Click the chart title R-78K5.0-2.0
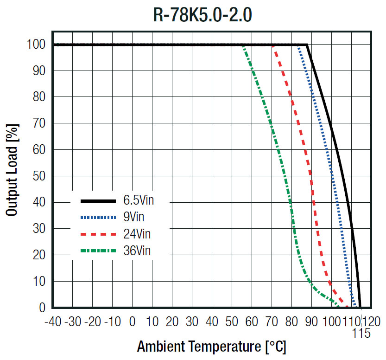pyautogui.click(x=202, y=15)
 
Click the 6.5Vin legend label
pyautogui.click(x=139, y=200)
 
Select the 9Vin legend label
pyautogui.click(x=133, y=217)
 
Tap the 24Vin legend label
pyautogui.click(x=137, y=234)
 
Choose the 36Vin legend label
pyautogui.click(x=137, y=251)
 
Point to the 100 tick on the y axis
pyautogui.click(x=36, y=45)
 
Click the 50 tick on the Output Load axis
pyautogui.click(x=39, y=176)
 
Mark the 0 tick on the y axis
pyautogui.click(x=42, y=308)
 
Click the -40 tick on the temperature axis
pyautogui.click(x=52, y=321)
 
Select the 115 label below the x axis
pyautogui.click(x=361, y=334)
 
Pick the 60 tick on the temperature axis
pyautogui.click(x=252, y=321)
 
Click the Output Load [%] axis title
pyautogui.click(x=13, y=170)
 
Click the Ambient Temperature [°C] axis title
pyautogui.click(x=211, y=347)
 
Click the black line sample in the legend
pyautogui.click(x=98, y=201)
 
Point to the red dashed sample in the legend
pyautogui.click(x=98, y=234)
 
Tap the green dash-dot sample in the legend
pyautogui.click(x=98, y=251)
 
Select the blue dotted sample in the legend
pyautogui.click(x=98, y=218)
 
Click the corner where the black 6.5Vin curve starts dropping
pyautogui.click(x=307, y=45)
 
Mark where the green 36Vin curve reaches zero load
pyautogui.click(x=338, y=307)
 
